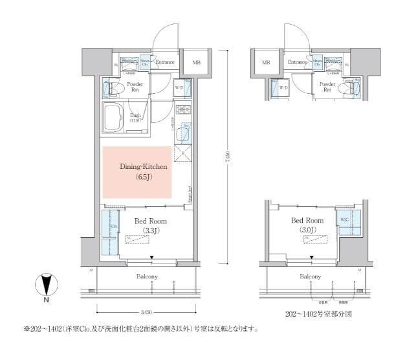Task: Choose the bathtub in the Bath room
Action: coord(116,117)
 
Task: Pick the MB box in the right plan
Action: coord(265,63)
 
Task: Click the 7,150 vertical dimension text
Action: coord(228,158)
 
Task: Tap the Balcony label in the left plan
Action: coord(147,276)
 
